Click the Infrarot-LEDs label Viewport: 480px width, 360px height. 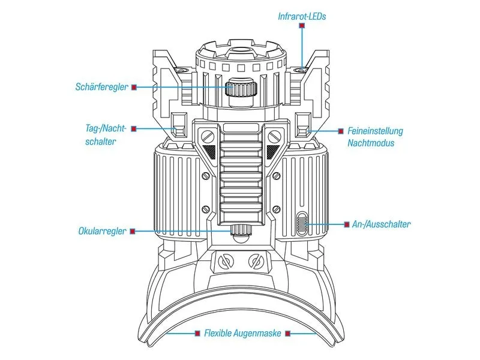coord(302,16)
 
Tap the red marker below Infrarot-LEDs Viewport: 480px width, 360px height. coord(302,26)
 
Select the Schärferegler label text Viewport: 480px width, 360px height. coord(101,86)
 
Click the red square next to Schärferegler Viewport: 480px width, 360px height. coord(134,87)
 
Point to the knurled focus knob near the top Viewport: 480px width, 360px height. coord(241,89)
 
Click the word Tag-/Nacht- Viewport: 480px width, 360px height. coord(106,128)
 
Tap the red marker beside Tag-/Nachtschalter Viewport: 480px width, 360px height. coord(133,129)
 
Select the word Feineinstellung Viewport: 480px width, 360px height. coord(375,131)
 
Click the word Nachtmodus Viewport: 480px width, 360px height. coord(371,143)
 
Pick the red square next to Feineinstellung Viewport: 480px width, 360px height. coord(341,131)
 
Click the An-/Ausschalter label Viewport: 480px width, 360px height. coord(381,224)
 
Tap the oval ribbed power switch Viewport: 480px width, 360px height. coord(301,223)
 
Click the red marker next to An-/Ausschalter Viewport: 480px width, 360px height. coord(347,224)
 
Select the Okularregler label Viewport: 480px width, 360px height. coord(102,231)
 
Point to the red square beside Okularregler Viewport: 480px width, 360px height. coord(133,231)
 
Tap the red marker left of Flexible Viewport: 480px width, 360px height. coord(197,333)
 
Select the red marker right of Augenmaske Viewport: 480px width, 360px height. coord(287,333)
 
